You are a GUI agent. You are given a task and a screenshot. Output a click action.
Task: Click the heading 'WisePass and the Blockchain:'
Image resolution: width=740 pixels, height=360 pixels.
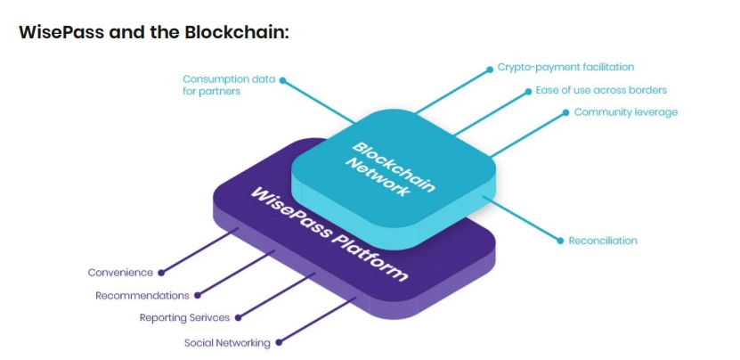tap(154, 32)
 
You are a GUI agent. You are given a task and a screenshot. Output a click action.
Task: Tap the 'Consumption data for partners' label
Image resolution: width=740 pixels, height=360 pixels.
tap(229, 86)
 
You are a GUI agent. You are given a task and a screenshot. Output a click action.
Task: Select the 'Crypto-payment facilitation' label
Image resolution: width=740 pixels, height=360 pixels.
tap(565, 67)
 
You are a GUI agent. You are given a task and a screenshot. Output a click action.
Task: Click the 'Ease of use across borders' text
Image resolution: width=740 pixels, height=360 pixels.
tap(600, 90)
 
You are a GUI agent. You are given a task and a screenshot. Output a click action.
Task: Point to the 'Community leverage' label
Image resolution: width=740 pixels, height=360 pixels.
tap(625, 112)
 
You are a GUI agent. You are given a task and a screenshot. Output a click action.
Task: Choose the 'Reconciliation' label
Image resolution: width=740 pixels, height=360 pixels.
tap(603, 241)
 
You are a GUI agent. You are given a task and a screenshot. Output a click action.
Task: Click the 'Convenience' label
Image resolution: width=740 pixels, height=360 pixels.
tap(120, 272)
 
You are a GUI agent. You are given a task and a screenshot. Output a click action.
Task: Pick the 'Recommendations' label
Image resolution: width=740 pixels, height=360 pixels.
tap(142, 295)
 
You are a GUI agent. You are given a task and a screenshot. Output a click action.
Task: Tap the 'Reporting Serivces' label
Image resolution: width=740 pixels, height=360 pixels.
tap(184, 317)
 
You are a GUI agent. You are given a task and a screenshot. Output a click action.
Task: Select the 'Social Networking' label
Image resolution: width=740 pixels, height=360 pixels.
tap(226, 341)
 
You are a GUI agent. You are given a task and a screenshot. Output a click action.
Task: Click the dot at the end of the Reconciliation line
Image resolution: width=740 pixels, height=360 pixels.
tap(559, 241)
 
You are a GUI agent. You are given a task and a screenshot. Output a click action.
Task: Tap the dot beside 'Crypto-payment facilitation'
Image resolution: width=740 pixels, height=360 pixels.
tap(488, 68)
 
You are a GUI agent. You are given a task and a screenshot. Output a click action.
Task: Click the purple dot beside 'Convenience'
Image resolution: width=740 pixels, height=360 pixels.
tap(161, 272)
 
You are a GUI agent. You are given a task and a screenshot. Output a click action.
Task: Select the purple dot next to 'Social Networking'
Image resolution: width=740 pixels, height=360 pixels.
tap(279, 341)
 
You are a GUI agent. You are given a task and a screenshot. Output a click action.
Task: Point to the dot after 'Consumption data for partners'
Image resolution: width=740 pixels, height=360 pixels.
tap(283, 79)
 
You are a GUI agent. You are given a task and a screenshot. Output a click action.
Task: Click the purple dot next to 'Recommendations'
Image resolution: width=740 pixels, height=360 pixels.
tap(198, 295)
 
